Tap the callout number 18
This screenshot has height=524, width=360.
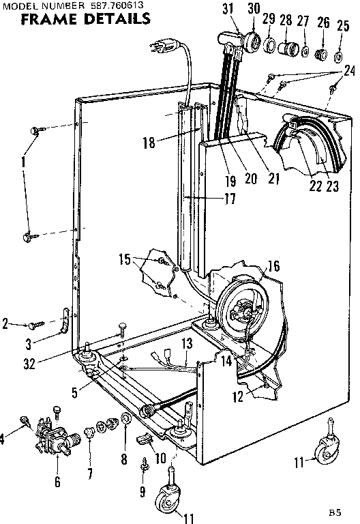click(x=149, y=143)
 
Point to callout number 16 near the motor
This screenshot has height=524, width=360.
click(x=273, y=266)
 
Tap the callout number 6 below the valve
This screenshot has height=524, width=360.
click(x=57, y=482)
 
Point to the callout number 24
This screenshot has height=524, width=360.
click(x=349, y=70)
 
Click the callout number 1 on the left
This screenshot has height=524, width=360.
click(x=25, y=164)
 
